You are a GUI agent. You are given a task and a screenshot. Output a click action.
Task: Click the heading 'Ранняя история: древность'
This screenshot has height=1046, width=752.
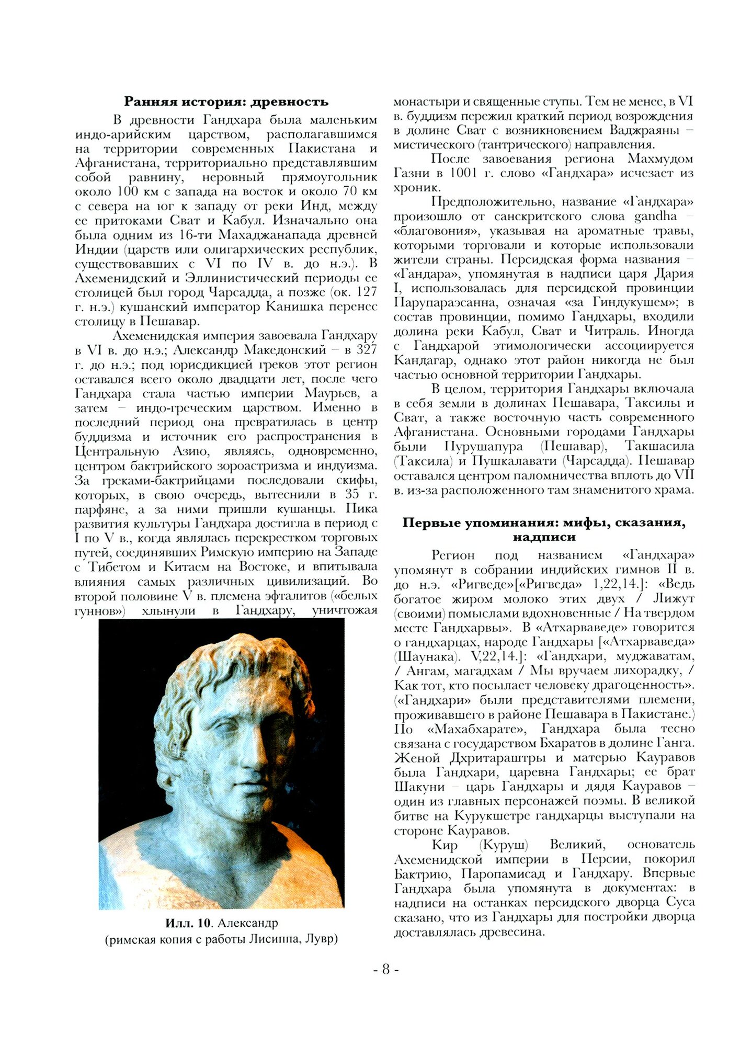coord(226,101)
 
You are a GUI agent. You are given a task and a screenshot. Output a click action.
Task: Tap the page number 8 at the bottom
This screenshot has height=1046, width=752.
coord(386,969)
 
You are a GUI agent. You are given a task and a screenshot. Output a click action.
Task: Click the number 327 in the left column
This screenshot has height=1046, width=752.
coord(367,349)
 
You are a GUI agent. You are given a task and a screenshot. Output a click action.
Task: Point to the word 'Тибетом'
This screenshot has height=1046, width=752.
coord(115,567)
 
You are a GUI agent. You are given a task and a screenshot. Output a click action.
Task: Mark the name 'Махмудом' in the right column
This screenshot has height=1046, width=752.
coord(660,158)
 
